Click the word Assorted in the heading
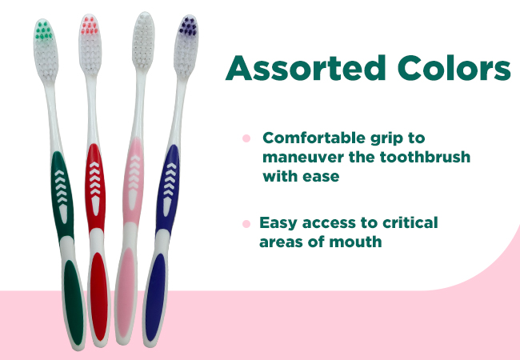(305, 68)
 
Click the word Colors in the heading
(454, 68)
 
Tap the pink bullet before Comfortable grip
(246, 138)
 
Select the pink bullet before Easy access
(246, 224)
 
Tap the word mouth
(355, 242)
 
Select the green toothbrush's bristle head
(46, 50)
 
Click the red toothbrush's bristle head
(90, 45)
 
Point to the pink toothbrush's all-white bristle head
(143, 41)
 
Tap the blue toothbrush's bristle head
(186, 46)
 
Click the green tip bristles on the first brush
(43, 30)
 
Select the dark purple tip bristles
(188, 26)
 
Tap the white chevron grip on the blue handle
(170, 189)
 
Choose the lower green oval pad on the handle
(74, 302)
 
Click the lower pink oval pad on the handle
(126, 292)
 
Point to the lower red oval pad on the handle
(99, 297)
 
